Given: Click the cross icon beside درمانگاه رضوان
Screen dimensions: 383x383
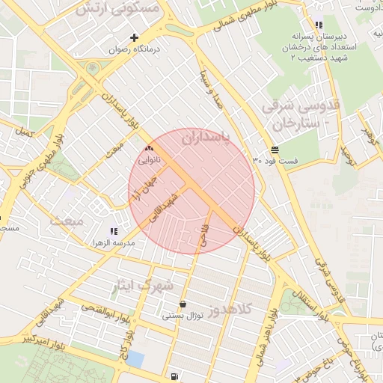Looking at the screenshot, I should (135, 37).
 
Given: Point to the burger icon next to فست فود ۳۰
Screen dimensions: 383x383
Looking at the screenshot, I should (275, 149).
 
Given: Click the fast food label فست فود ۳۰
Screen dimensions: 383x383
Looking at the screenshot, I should (275, 161).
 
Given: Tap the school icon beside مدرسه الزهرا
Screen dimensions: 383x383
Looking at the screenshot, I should (114, 232).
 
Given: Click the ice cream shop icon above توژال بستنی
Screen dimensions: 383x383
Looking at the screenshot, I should (184, 304).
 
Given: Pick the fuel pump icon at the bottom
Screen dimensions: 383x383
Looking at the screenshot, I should (174, 376).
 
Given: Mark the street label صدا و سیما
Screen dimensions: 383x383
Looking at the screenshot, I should (212, 88).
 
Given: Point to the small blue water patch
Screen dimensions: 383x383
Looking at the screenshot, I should (135, 358).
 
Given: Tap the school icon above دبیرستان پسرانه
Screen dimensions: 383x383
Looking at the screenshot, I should (319, 25).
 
